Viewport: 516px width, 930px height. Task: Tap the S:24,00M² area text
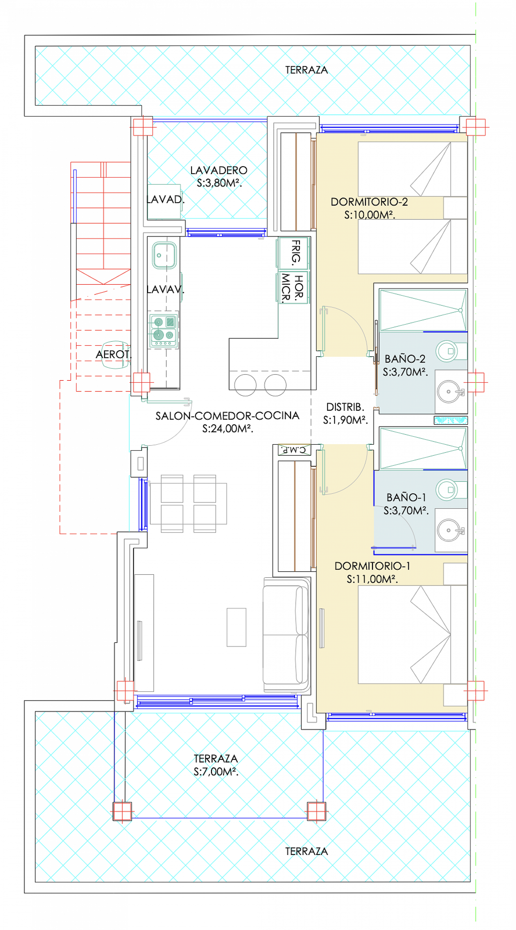pyautogui.click(x=227, y=429)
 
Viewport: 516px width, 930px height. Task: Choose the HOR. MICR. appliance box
pyautogui.click(x=293, y=287)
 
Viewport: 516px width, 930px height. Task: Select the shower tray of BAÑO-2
pyautogui.click(x=423, y=310)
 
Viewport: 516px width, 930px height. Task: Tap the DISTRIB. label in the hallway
pyautogui.click(x=345, y=407)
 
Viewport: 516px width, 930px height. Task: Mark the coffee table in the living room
pyautogui.click(x=236, y=627)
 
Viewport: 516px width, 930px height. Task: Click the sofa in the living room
pyautogui.click(x=286, y=634)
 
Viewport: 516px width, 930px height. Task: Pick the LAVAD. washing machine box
pyautogui.click(x=164, y=201)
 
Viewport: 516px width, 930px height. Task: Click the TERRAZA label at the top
pyautogui.click(x=306, y=70)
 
